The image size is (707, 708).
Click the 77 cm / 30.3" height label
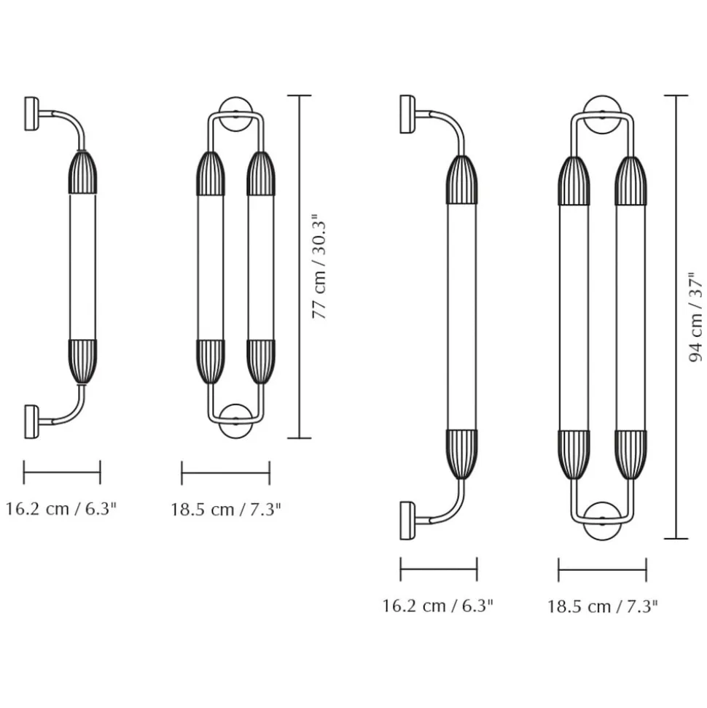pos(319,266)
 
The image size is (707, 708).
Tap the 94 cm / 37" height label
pos(696,317)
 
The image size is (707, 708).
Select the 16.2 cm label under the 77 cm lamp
pos(61,509)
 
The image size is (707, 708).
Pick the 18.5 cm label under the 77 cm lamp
pos(226,510)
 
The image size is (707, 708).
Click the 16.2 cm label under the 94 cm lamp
pos(438,605)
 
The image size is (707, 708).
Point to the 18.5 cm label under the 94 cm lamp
pos(603,606)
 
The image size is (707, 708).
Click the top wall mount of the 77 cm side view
pos(31,114)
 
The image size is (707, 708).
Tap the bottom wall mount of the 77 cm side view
pos(31,421)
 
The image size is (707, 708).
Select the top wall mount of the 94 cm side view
pos(407,114)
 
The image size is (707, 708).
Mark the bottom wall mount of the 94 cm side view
pos(407,520)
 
